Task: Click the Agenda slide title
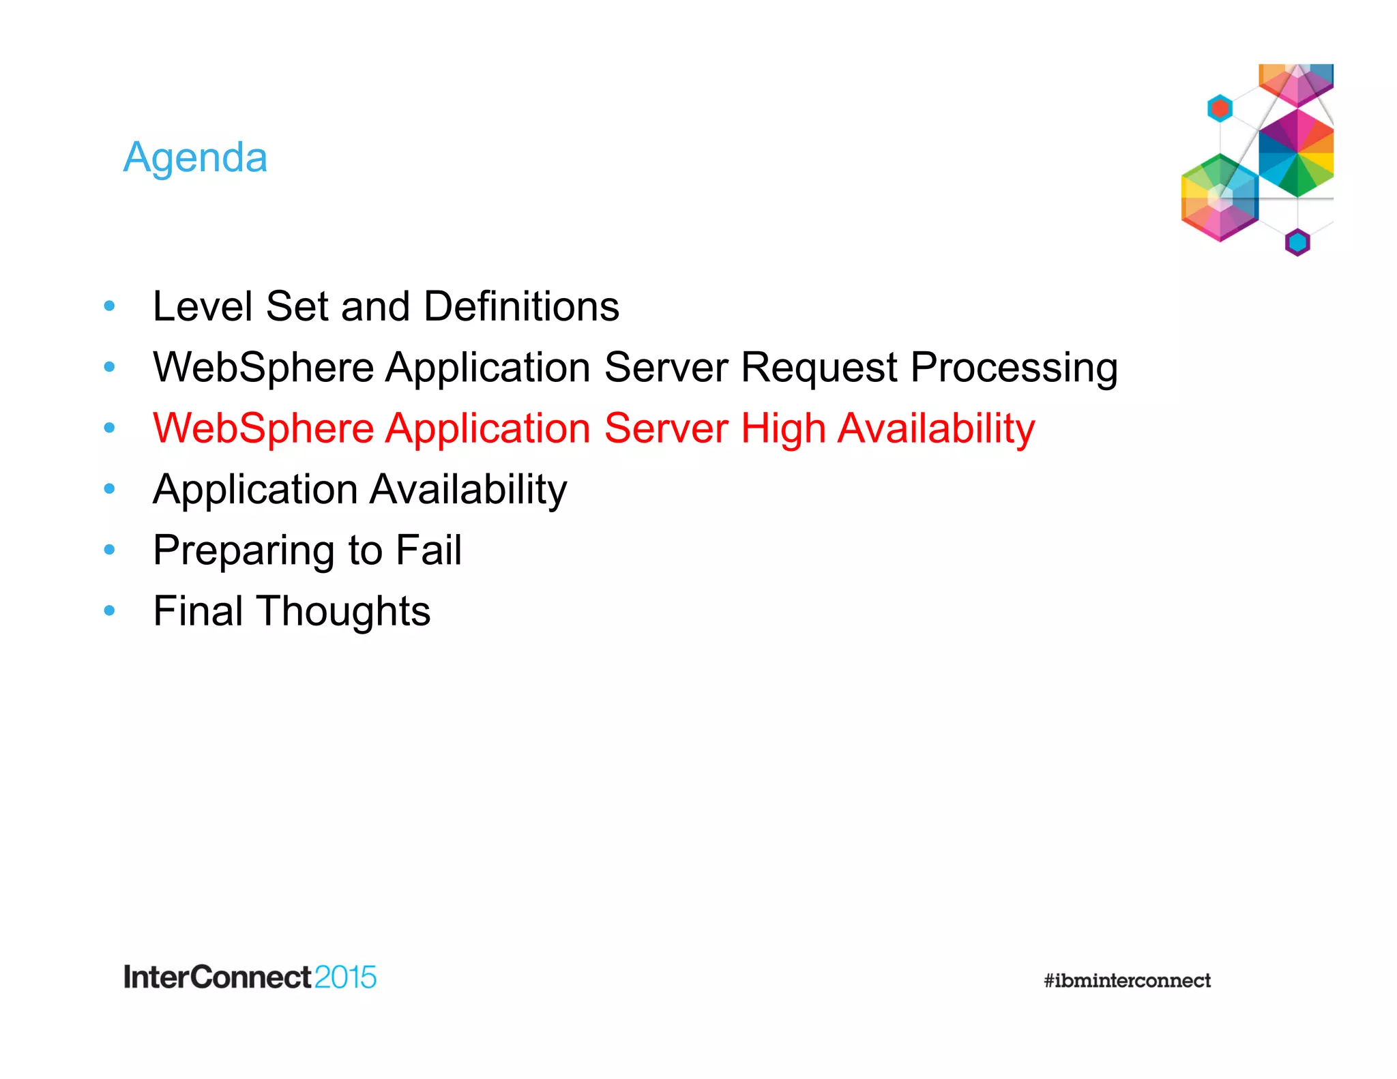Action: pos(195,158)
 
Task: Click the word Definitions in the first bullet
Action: pos(521,306)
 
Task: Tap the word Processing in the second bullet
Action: pos(1014,368)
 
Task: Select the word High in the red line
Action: pos(783,429)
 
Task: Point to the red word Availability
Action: pos(936,429)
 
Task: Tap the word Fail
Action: pos(428,550)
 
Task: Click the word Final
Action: pos(198,611)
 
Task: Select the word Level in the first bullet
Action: pos(203,306)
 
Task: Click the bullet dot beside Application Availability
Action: pos(109,489)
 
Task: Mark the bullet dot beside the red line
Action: pos(109,428)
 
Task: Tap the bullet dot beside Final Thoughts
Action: pos(109,610)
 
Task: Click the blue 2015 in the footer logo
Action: pos(345,977)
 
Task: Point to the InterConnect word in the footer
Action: pos(217,977)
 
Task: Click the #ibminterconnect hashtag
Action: pos(1127,981)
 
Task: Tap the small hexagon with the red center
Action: pos(1220,108)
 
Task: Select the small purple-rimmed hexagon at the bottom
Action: pos(1297,242)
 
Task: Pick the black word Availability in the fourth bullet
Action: pos(468,490)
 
